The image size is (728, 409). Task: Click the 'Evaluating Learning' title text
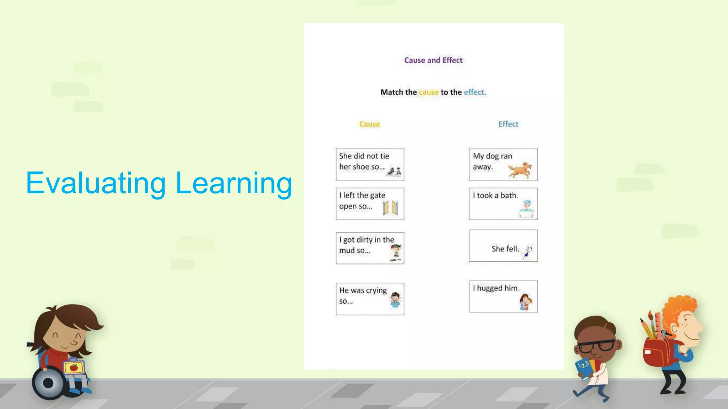pyautogui.click(x=159, y=183)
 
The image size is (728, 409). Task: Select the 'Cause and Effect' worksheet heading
pyautogui.click(x=433, y=60)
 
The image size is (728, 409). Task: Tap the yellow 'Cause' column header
pyautogui.click(x=369, y=124)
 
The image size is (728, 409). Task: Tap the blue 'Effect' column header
pyautogui.click(x=508, y=124)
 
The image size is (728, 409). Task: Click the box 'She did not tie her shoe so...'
pyautogui.click(x=370, y=164)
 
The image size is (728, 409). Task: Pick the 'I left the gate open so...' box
pyautogui.click(x=370, y=204)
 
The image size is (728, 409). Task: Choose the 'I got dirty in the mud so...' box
pyautogui.click(x=370, y=248)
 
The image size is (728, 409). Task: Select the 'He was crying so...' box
pyautogui.click(x=370, y=299)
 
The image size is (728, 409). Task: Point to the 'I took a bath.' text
pyautogui.click(x=495, y=196)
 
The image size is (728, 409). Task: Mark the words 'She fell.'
pyautogui.click(x=505, y=249)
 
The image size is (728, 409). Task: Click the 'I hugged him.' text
pyautogui.click(x=496, y=288)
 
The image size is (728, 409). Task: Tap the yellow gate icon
pyautogui.click(x=390, y=208)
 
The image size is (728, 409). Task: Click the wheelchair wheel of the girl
pyautogui.click(x=48, y=383)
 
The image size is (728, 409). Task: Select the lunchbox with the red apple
pyautogui.click(x=74, y=367)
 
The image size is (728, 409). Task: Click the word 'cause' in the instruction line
pyautogui.click(x=429, y=92)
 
